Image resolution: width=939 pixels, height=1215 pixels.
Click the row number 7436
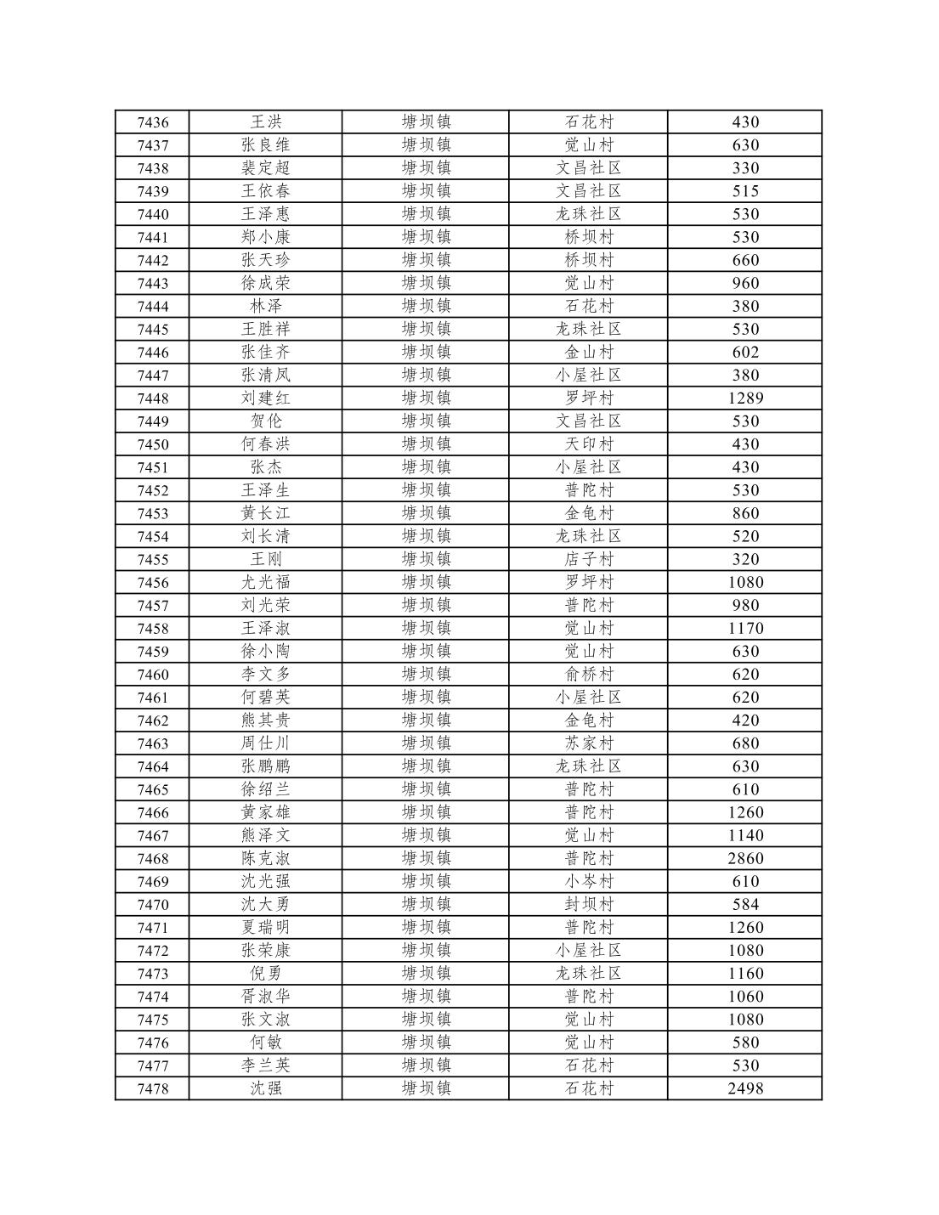click(153, 122)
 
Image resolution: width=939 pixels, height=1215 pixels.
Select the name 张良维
click(265, 145)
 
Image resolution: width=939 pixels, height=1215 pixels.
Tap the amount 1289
click(745, 398)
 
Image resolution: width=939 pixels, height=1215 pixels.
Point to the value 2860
click(745, 858)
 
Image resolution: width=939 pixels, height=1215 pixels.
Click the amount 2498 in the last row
click(745, 1088)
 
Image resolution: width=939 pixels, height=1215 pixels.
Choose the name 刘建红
click(265, 398)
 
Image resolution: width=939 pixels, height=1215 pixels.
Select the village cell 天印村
click(589, 444)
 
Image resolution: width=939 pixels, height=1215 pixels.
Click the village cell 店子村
click(589, 559)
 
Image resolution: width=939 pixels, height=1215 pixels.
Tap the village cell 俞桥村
click(589, 674)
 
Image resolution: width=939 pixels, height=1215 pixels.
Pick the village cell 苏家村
click(589, 743)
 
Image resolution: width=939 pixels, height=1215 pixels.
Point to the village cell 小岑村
click(589, 881)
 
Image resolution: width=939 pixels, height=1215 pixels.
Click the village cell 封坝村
click(589, 904)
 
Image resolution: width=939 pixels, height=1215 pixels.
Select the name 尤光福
click(265, 582)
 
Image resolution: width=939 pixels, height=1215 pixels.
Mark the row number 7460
click(153, 675)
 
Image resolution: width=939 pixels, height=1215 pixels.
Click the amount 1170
click(745, 629)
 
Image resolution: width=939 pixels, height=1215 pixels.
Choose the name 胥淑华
click(265, 996)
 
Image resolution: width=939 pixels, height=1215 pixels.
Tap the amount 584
click(745, 904)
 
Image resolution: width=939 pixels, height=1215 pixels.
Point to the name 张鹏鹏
click(265, 766)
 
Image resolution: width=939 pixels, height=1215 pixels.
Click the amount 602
click(745, 352)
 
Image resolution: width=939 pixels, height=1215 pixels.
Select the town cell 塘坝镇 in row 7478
click(426, 1088)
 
